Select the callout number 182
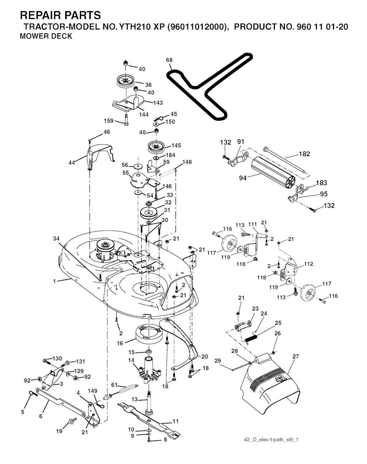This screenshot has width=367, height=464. pos(305,154)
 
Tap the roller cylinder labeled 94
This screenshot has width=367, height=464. pos(272,172)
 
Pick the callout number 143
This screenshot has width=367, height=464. pos(158,103)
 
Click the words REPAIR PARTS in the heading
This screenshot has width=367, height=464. pos(60,15)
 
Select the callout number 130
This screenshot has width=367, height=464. pos(57,359)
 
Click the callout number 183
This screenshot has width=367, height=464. pos(322,183)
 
